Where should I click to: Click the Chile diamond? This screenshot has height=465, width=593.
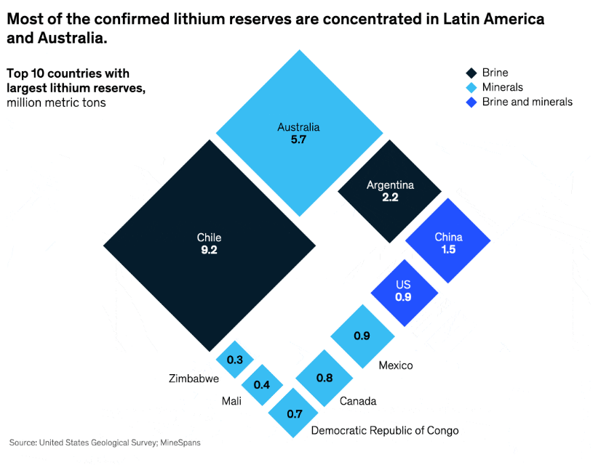point(210,246)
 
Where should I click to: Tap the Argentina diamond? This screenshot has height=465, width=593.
point(390,190)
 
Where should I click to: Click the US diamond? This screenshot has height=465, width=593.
point(404,291)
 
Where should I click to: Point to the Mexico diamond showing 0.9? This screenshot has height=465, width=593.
point(362,336)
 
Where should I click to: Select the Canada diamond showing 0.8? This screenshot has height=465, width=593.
point(325,377)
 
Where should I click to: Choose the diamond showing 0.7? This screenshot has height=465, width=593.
point(295,414)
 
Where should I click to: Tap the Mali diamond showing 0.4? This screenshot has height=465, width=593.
point(262,384)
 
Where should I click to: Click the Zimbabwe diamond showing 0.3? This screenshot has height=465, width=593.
point(235,360)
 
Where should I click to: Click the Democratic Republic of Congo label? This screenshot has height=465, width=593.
point(385,430)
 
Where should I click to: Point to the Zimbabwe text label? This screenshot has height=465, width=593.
point(194,379)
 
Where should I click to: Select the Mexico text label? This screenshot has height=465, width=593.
point(395,365)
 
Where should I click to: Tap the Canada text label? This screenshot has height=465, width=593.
point(358,401)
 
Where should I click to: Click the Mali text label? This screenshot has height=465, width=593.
point(232,401)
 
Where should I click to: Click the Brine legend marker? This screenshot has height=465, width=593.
point(471,73)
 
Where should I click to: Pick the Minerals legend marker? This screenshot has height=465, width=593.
point(471,87)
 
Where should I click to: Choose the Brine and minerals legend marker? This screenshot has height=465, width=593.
point(471,102)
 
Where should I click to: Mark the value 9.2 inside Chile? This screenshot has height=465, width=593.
point(210,251)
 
